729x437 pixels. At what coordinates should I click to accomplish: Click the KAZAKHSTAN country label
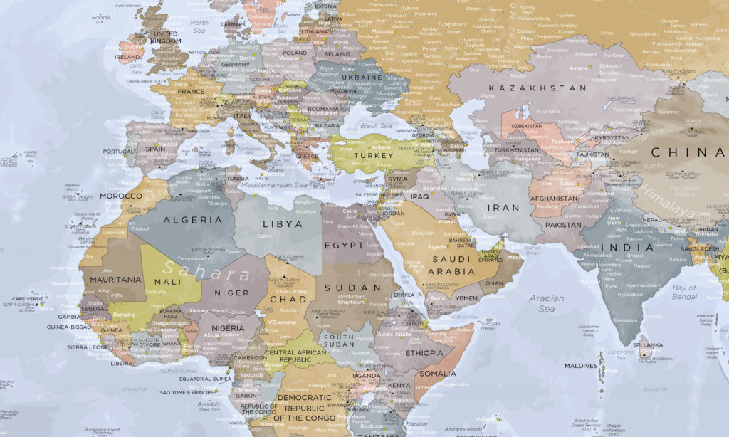tap(537, 88)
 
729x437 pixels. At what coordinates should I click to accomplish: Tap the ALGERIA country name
tap(193, 220)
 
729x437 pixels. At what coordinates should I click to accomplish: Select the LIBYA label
tap(283, 223)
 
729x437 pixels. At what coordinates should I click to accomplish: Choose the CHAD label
tap(289, 299)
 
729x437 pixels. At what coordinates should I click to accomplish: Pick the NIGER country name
tap(232, 293)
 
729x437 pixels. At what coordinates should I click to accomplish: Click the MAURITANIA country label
tap(116, 280)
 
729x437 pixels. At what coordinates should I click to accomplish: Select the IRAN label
tap(503, 208)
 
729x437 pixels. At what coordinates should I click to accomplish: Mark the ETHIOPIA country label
tap(424, 353)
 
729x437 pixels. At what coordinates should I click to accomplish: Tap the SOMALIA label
tap(437, 373)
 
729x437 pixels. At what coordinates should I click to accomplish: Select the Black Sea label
tap(376, 126)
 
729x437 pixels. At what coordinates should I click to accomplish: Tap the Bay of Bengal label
tap(684, 291)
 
